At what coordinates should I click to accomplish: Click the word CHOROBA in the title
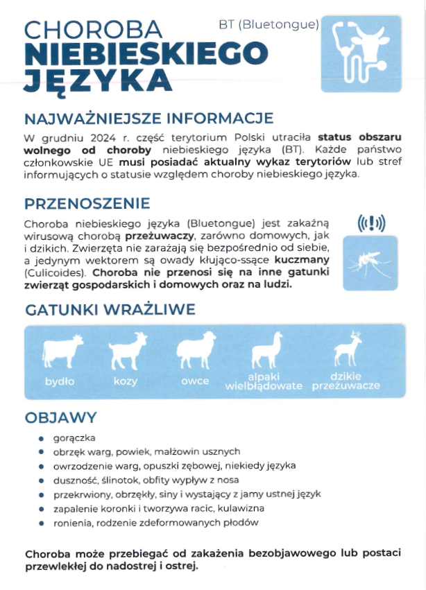[x=93, y=29]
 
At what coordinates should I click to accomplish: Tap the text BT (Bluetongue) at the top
[x=269, y=24]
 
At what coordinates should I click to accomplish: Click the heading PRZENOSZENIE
[x=87, y=204]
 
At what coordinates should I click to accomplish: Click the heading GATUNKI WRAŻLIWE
[x=110, y=310]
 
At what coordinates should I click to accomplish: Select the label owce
[x=195, y=381]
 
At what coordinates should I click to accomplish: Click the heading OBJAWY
[x=60, y=418]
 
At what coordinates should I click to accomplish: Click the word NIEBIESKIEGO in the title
[x=146, y=54]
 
